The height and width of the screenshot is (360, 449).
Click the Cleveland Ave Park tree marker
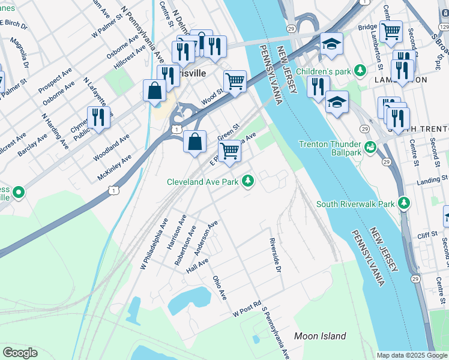point(247,181)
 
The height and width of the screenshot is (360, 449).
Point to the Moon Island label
point(320,336)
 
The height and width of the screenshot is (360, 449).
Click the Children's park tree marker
point(360,71)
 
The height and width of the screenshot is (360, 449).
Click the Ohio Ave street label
point(220,288)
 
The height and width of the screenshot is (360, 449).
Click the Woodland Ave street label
point(112,148)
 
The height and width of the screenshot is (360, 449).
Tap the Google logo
point(20,353)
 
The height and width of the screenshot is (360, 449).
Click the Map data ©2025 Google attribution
point(412,355)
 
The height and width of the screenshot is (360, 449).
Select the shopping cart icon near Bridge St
point(391,31)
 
